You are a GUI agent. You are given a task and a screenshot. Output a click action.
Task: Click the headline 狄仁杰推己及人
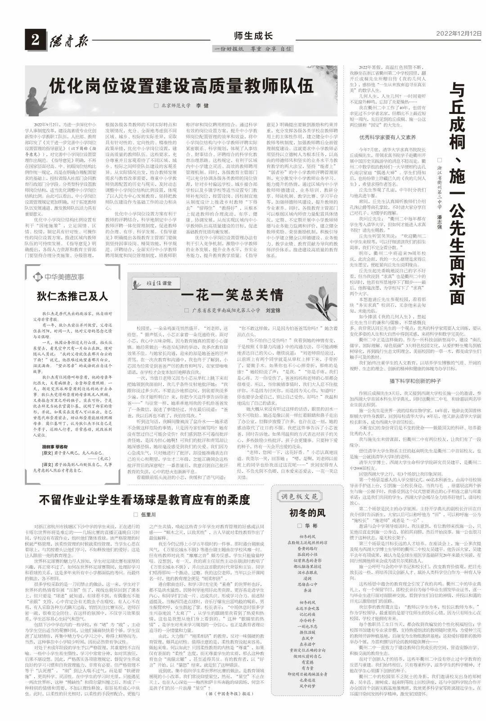coord(72,296)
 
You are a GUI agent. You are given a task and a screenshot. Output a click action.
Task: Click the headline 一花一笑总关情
coord(232,295)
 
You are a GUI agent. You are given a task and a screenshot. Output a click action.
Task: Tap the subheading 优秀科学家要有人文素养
coord(387,137)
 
